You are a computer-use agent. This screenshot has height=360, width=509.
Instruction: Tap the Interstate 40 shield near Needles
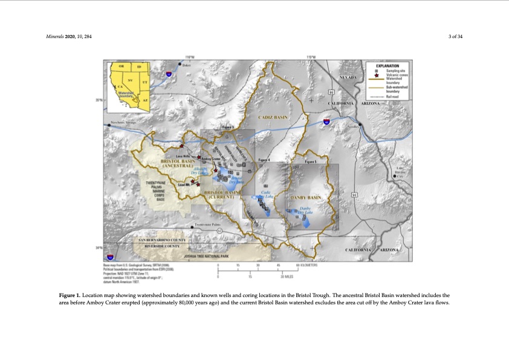click(x=326, y=122)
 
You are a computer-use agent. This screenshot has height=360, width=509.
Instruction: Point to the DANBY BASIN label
click(x=306, y=197)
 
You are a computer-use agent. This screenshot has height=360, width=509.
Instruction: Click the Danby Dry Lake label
click(x=305, y=211)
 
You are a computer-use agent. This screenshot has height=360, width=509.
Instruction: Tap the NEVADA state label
click(x=349, y=78)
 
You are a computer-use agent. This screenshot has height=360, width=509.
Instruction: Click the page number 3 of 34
click(x=455, y=37)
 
